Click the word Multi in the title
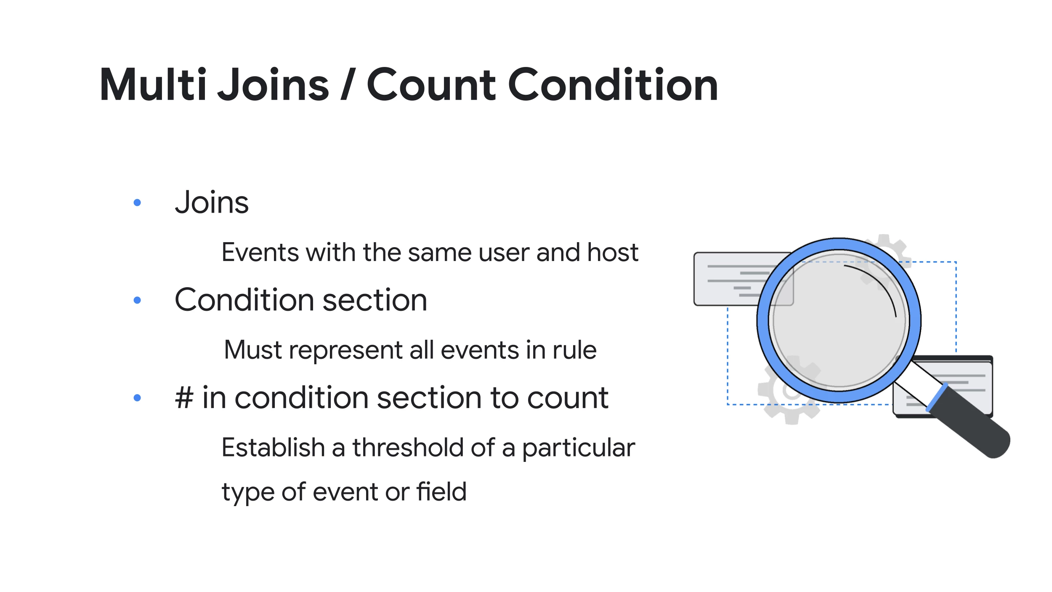(x=153, y=85)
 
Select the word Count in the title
(x=432, y=85)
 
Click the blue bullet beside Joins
(x=137, y=203)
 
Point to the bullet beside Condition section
(x=137, y=300)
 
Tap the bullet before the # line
(x=137, y=397)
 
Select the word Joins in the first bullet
(x=212, y=202)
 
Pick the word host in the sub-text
(x=613, y=252)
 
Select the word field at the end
(x=441, y=491)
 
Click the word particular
(x=579, y=448)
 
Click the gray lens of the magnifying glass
(x=839, y=320)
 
